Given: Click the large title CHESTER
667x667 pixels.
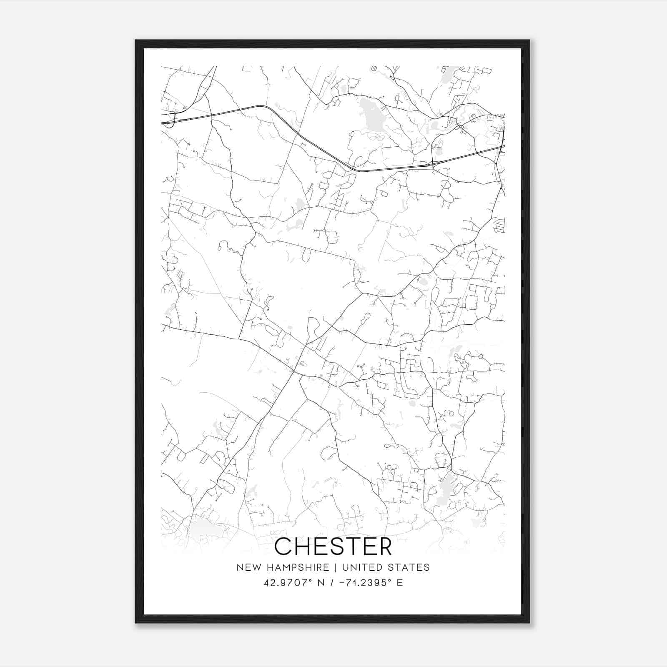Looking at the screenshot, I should (x=333, y=546).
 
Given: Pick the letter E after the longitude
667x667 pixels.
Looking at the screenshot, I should (x=400, y=582).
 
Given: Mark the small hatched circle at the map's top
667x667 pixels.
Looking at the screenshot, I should (x=374, y=68).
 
